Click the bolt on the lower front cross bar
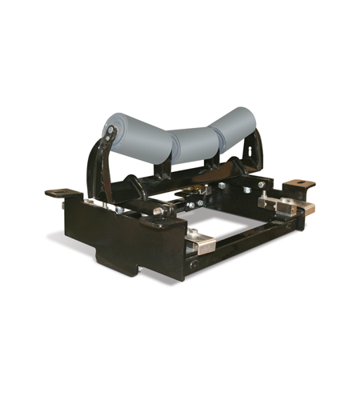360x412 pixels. click(x=191, y=264)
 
